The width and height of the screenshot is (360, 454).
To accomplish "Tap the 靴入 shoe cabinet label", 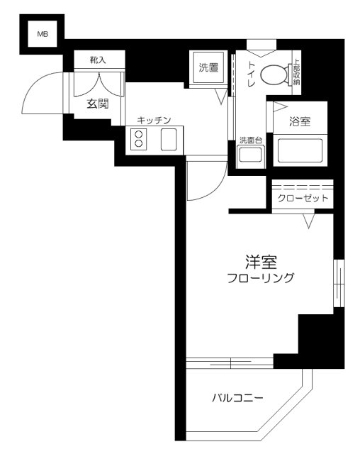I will tap(98, 60).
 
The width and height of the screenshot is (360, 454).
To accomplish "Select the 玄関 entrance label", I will tap(98, 104).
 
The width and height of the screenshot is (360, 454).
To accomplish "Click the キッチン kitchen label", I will tap(154, 121).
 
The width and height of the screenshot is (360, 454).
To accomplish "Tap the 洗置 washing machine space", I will tap(208, 69).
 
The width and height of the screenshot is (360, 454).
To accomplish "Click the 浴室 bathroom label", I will tap(299, 121).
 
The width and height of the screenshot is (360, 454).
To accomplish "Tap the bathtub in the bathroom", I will tap(298, 151).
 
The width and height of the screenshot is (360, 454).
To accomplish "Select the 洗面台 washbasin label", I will tap(250, 140).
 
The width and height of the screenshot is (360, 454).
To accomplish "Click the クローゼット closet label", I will tap(302, 198).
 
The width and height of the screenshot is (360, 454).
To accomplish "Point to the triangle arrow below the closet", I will tap(309, 223).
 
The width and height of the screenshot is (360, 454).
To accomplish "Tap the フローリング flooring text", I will tap(260, 278).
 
